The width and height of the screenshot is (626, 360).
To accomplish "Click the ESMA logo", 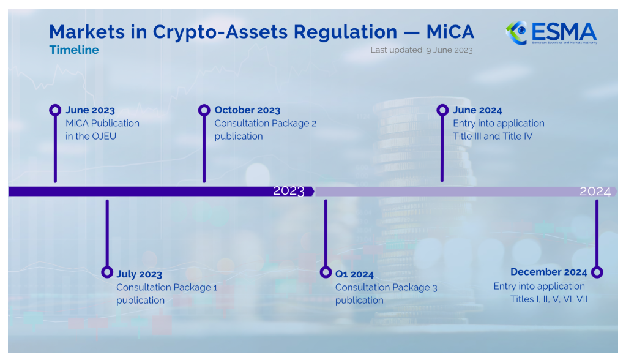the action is [551, 33].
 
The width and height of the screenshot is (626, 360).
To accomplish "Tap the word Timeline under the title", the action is [74, 50].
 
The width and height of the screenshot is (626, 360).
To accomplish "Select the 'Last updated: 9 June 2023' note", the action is [422, 50].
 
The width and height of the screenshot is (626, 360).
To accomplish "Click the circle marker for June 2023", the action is [55, 110].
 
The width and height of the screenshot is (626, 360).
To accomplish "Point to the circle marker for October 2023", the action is [204, 110].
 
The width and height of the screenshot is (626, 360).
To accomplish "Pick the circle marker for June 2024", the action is [442, 110].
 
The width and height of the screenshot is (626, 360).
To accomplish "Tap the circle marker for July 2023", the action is [107, 272].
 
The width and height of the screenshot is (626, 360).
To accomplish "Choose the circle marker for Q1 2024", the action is [326, 272].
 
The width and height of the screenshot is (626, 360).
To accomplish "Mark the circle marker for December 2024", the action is [597, 272].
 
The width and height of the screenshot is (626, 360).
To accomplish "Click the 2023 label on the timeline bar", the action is [289, 191].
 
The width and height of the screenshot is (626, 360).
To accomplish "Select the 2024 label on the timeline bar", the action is [595, 192].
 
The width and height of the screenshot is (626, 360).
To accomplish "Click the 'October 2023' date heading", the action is [248, 110].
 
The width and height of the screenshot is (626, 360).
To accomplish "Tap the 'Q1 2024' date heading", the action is [354, 274].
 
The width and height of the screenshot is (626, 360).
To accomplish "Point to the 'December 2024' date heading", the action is [549, 272].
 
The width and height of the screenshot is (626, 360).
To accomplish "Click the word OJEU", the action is [104, 137].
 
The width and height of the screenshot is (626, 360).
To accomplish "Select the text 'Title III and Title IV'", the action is [493, 137].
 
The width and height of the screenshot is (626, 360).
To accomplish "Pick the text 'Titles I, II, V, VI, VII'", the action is [549, 299].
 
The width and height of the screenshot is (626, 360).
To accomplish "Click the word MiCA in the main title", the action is [450, 32].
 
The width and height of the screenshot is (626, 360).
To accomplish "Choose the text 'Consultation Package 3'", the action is [386, 287].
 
